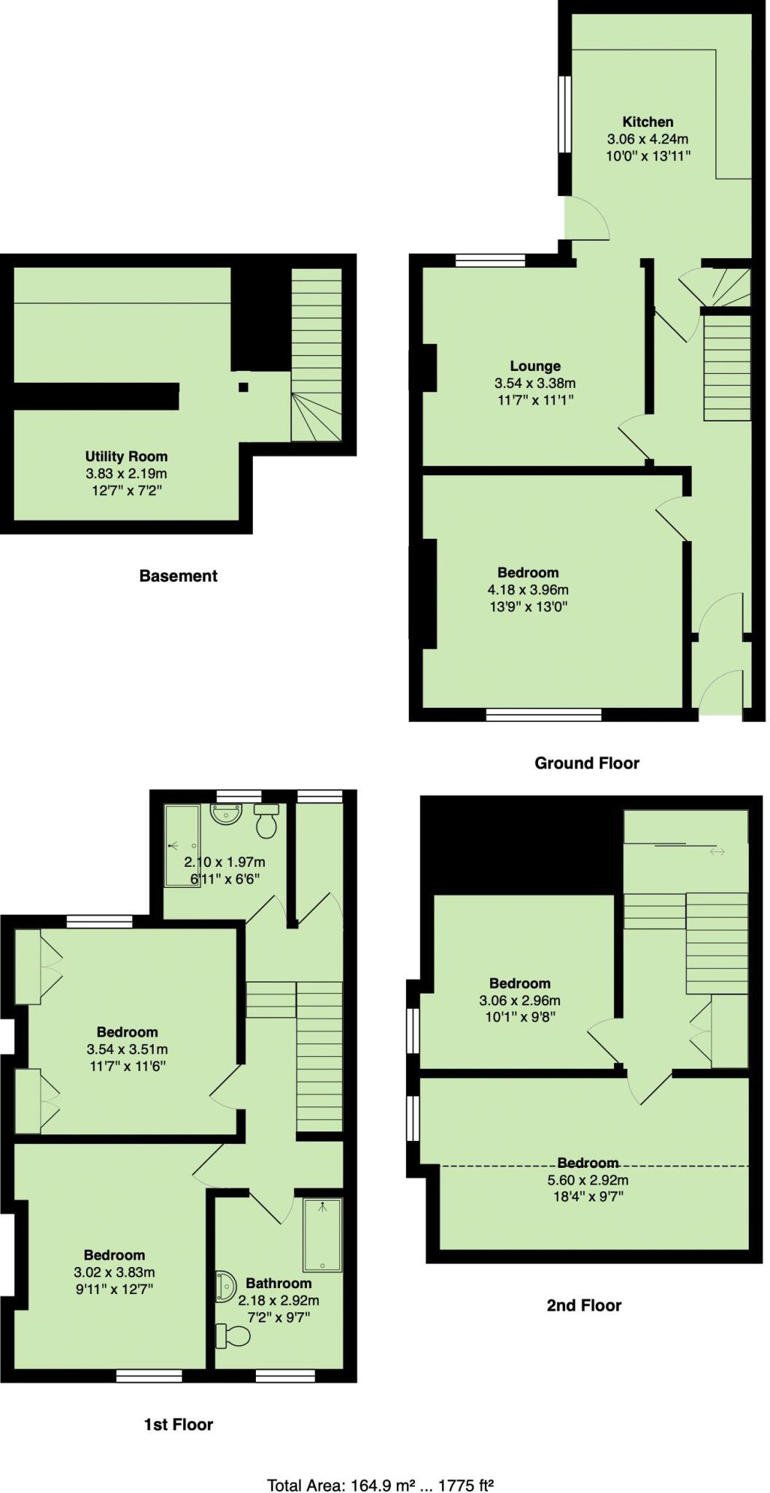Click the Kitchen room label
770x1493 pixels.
click(647, 122)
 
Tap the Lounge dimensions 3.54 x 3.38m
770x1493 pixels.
click(535, 383)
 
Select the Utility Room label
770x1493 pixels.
click(126, 456)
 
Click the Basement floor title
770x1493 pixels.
click(178, 576)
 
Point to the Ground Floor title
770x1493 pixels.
click(586, 763)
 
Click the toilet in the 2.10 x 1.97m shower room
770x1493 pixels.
click(267, 822)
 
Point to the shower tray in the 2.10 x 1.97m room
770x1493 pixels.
click(182, 846)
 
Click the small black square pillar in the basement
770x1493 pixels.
click(244, 387)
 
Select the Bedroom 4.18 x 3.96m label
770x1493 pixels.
click(528, 573)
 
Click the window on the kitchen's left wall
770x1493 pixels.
click(564, 114)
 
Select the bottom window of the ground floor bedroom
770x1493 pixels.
click(544, 714)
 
